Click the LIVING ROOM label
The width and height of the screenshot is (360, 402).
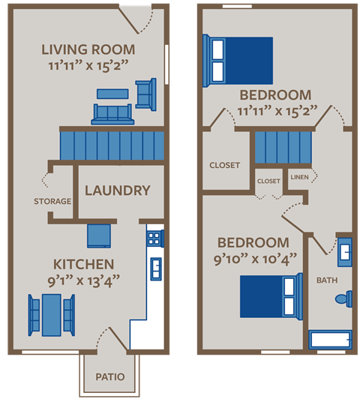pos(88,49)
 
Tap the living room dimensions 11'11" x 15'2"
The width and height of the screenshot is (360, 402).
pos(88,66)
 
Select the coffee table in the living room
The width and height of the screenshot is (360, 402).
pos(112,94)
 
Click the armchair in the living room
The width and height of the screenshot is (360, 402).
pos(146,94)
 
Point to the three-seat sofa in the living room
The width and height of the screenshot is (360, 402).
pos(112,114)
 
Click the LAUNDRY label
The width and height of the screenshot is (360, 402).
pos(118,190)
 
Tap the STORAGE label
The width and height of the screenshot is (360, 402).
pos(52,201)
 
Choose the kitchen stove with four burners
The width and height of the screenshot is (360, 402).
pos(155,238)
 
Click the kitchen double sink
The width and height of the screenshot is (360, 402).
pos(156,269)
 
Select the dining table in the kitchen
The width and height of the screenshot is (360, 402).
pos(52,315)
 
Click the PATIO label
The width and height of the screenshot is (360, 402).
pos(110,376)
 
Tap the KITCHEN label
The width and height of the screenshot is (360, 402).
pos(83,264)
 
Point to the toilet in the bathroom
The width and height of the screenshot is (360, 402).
pos(344,299)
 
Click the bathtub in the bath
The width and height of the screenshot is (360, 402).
pos(331,340)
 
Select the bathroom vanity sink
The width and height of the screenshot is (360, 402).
pos(345,252)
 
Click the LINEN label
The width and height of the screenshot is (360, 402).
pos(299,177)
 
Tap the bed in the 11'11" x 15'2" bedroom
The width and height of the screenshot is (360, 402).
pos(238,61)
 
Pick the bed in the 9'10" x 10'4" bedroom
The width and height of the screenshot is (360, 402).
pos(271,297)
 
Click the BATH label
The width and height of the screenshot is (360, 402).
pos(327,280)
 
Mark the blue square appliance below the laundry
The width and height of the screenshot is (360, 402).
pos(99,236)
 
